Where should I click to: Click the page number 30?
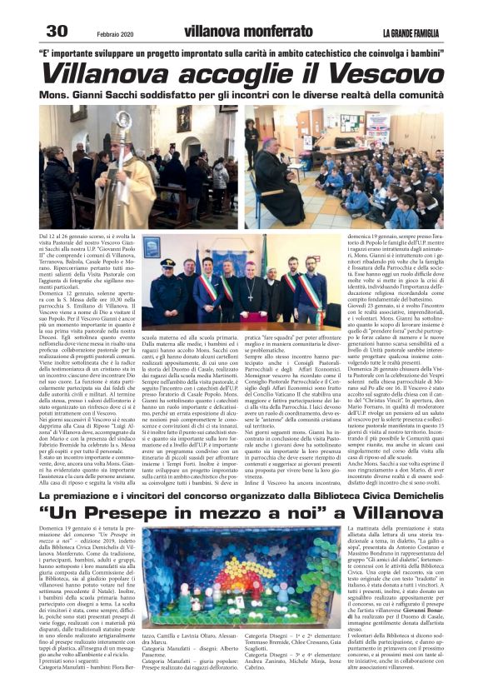(x=57, y=32)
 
